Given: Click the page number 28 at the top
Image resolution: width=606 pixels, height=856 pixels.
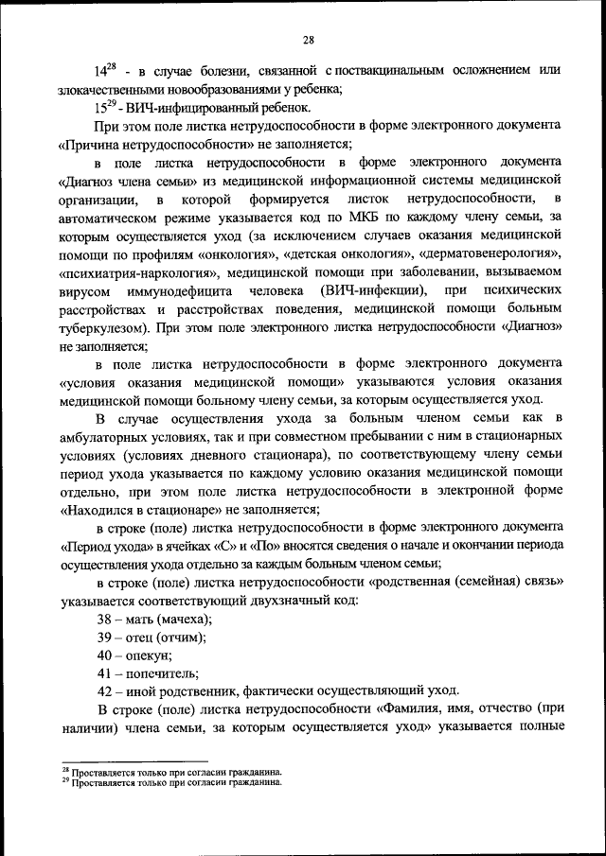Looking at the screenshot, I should tap(309, 39).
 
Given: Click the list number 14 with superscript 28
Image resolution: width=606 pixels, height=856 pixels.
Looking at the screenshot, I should tap(104, 71).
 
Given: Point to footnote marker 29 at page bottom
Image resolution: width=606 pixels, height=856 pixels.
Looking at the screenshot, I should tap(65, 781).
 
